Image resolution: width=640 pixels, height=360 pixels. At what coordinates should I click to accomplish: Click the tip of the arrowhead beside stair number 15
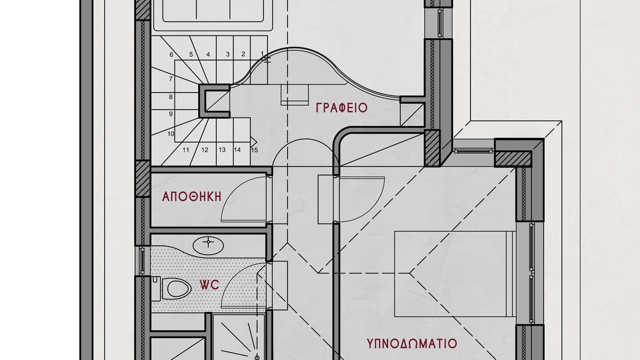click(257, 142)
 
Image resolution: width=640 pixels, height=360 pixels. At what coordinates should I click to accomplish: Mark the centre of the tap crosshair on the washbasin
click(208, 242)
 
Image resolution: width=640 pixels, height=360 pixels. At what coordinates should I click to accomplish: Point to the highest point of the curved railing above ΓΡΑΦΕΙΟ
click(294, 47)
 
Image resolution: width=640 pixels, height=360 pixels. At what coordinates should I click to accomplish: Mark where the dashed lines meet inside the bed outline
click(409, 273)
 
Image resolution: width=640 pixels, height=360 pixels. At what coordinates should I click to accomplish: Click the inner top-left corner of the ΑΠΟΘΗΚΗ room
click(151, 173)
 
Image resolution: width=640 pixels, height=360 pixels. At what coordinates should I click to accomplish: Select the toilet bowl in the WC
click(176, 288)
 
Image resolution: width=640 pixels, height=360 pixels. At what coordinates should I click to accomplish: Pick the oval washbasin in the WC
click(208, 245)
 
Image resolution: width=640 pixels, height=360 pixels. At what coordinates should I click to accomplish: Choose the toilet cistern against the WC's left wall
click(155, 288)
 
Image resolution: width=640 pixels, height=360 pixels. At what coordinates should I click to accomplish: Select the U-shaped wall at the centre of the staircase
click(214, 101)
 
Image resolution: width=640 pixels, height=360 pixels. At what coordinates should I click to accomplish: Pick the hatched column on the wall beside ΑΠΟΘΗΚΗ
click(142, 179)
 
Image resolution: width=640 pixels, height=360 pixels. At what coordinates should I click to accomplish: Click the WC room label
click(209, 285)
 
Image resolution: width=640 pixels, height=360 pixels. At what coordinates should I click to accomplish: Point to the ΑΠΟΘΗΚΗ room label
click(191, 196)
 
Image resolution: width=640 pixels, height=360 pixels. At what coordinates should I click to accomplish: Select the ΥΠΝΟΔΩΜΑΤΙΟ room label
click(411, 343)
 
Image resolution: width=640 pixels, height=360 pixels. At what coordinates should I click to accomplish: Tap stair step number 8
click(171, 97)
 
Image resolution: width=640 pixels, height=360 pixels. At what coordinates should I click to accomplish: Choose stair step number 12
click(204, 150)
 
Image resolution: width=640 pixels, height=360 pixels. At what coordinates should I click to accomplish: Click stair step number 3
click(227, 54)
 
